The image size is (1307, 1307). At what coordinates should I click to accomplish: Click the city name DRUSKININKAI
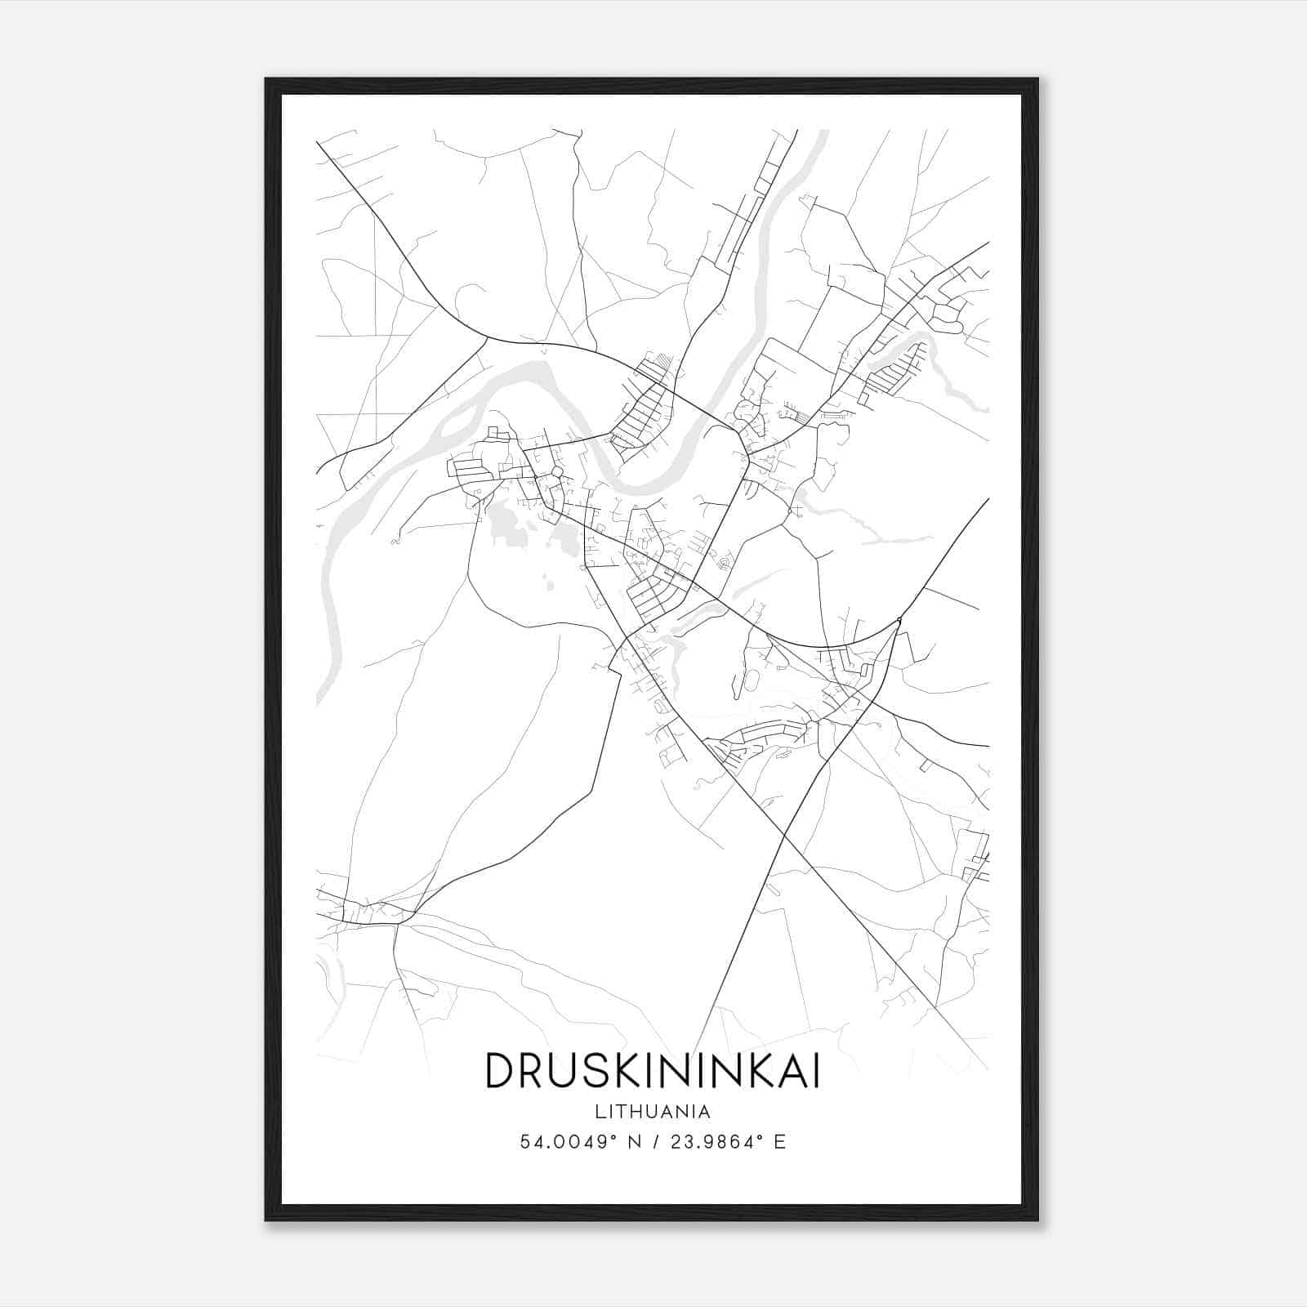(x=652, y=1070)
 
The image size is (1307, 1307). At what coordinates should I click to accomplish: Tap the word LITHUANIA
(x=653, y=1112)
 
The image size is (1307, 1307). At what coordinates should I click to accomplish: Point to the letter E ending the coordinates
(x=780, y=1142)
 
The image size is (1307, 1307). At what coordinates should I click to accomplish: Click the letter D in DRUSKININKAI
(x=500, y=1070)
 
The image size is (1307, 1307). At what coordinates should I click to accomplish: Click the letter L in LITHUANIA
(x=600, y=1112)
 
